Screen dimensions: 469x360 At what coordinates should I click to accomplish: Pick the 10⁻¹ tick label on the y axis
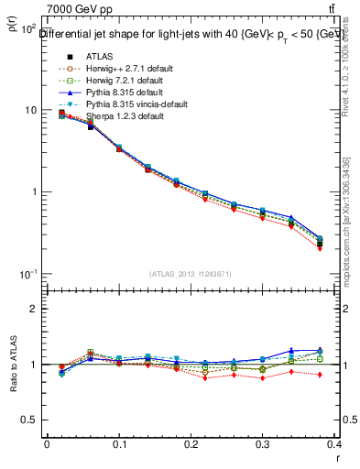(27, 274)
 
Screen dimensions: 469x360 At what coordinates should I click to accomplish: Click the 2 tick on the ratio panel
(33, 309)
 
